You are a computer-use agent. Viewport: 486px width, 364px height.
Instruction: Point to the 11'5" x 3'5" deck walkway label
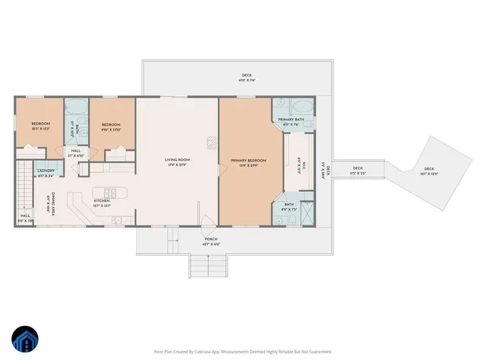click(357, 170)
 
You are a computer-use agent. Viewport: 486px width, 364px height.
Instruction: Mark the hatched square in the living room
click(212, 140)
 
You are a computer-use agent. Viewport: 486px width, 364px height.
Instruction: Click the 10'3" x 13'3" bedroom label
click(40, 125)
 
